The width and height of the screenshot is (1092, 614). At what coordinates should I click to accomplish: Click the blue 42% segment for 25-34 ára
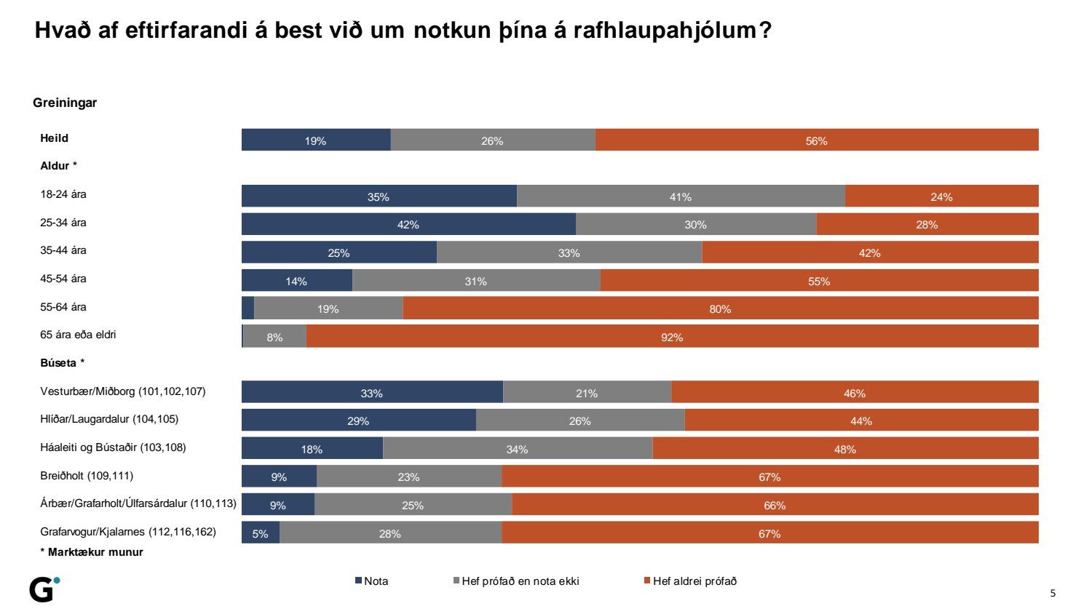(x=408, y=224)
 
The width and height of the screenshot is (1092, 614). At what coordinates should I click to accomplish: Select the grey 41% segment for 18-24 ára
(x=681, y=196)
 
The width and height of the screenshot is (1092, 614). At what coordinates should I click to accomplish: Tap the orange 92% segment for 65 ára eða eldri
(x=672, y=337)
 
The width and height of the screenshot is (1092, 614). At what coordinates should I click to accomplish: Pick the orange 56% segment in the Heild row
(x=816, y=140)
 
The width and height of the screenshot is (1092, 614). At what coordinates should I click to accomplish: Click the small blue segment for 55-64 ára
(x=248, y=308)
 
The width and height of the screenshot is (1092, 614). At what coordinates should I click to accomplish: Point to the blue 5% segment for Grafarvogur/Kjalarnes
(x=261, y=533)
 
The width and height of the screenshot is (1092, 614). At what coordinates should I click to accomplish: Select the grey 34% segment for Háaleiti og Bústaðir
(x=517, y=449)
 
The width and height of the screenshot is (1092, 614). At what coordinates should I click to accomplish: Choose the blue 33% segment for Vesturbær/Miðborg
(x=372, y=393)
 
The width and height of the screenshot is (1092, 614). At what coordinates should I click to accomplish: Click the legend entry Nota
(x=372, y=581)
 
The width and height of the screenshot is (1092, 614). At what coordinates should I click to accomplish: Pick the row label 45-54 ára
(x=63, y=279)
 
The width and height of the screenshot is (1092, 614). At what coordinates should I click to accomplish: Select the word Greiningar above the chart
(x=65, y=103)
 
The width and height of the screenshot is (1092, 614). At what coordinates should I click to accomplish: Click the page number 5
(x=1053, y=593)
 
